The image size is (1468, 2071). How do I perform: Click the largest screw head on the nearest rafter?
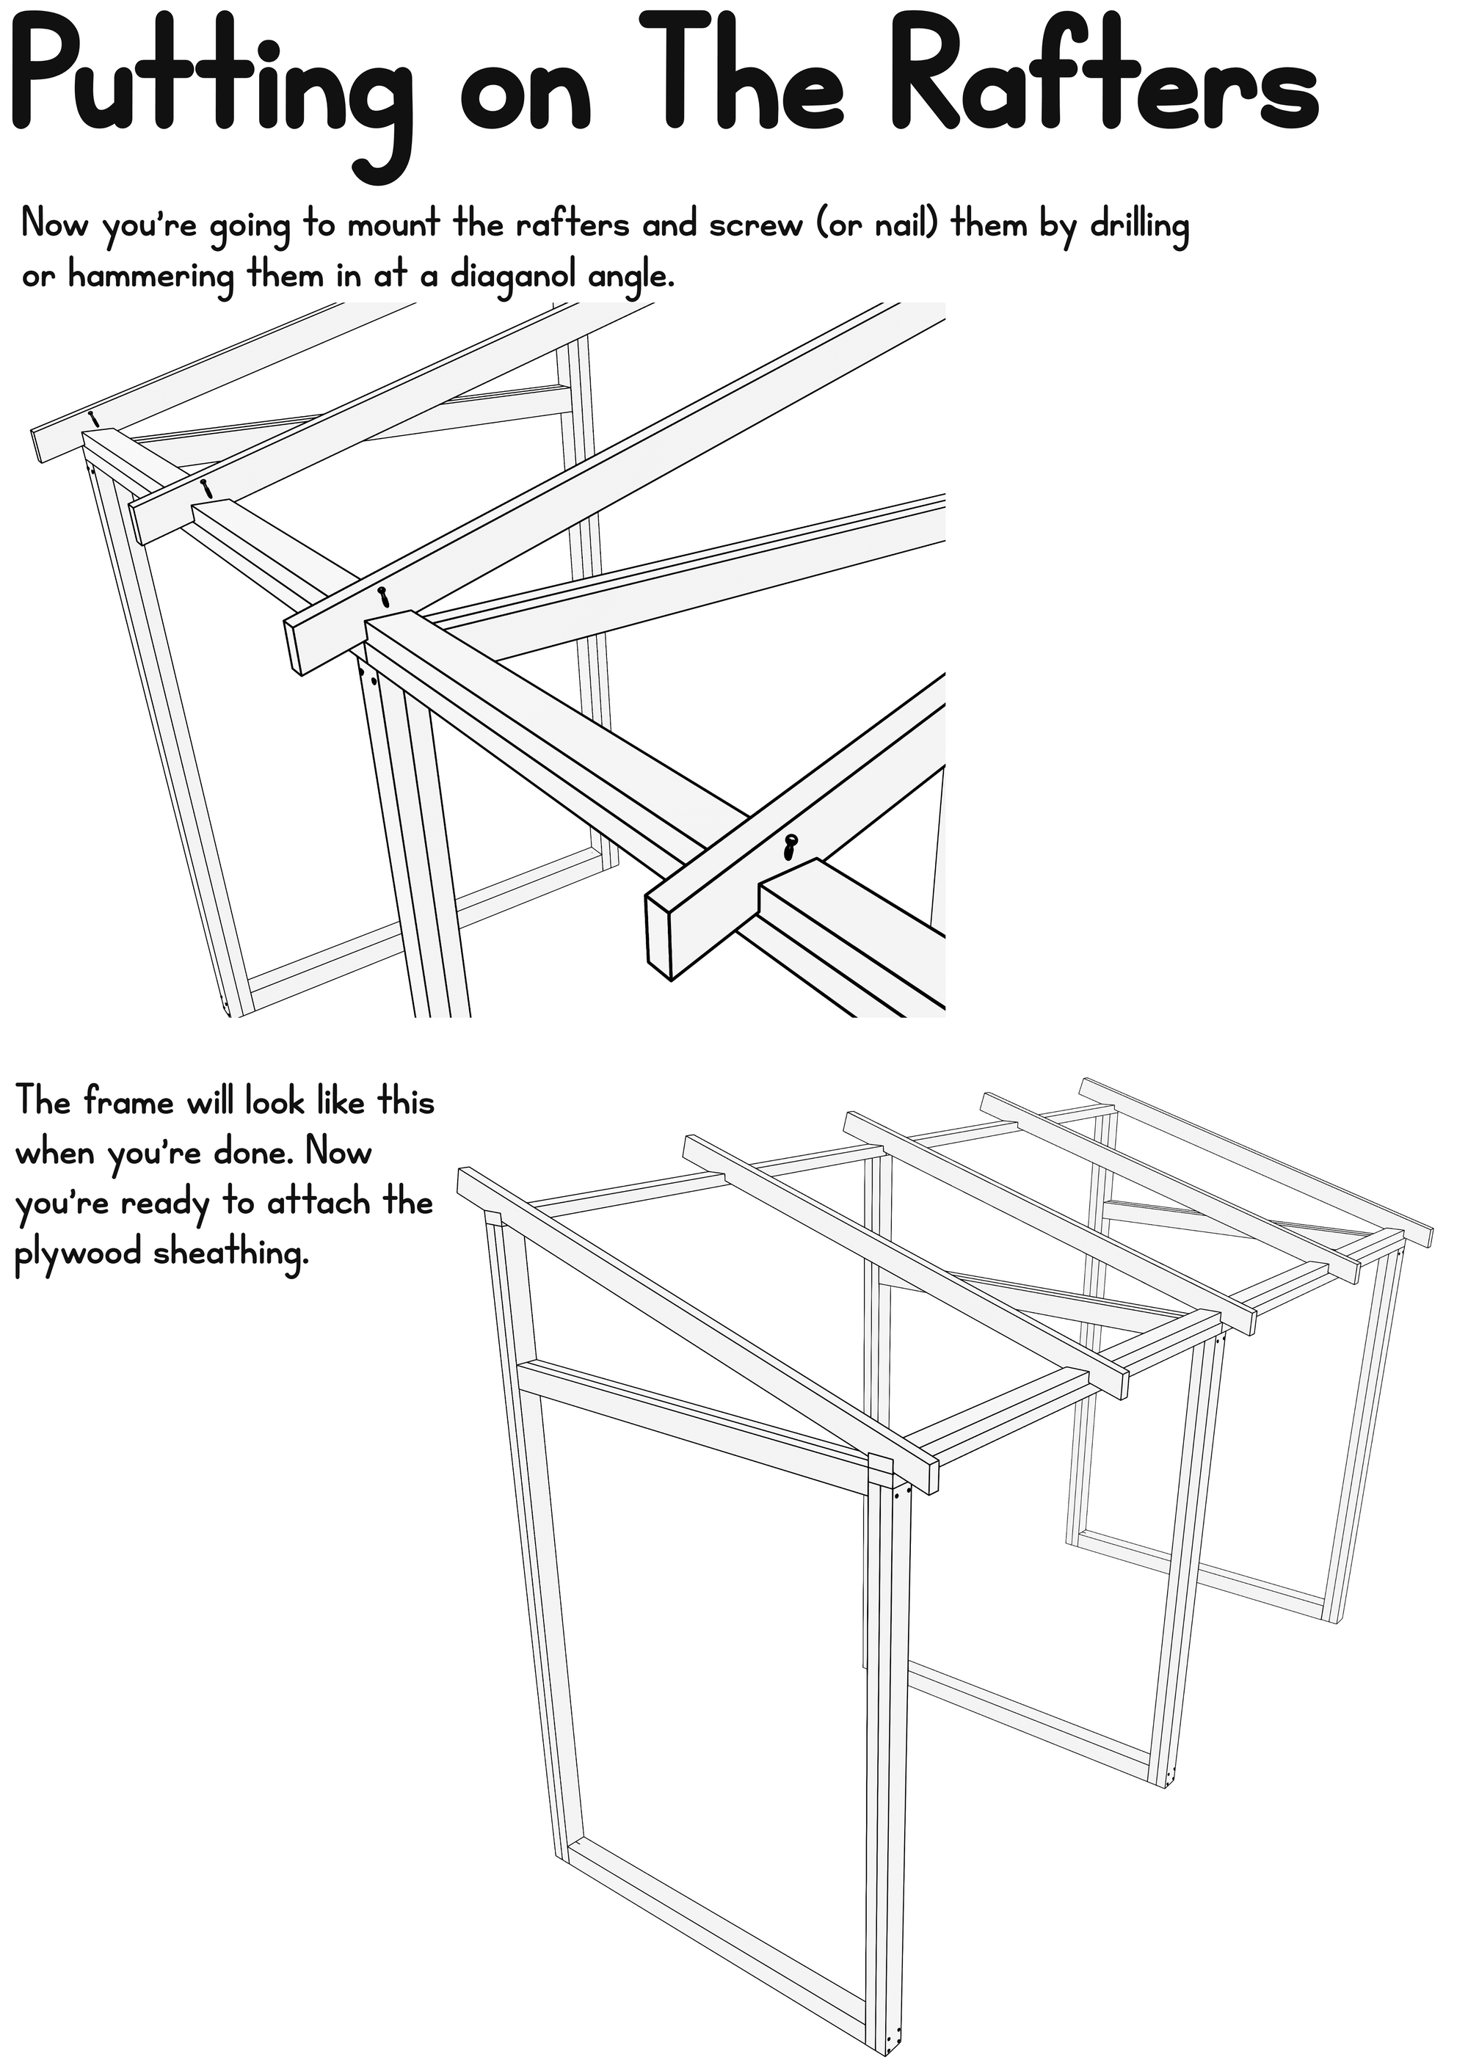(793, 845)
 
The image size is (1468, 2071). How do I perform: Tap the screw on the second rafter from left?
(207, 488)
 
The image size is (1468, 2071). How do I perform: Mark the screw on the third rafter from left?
(384, 597)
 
